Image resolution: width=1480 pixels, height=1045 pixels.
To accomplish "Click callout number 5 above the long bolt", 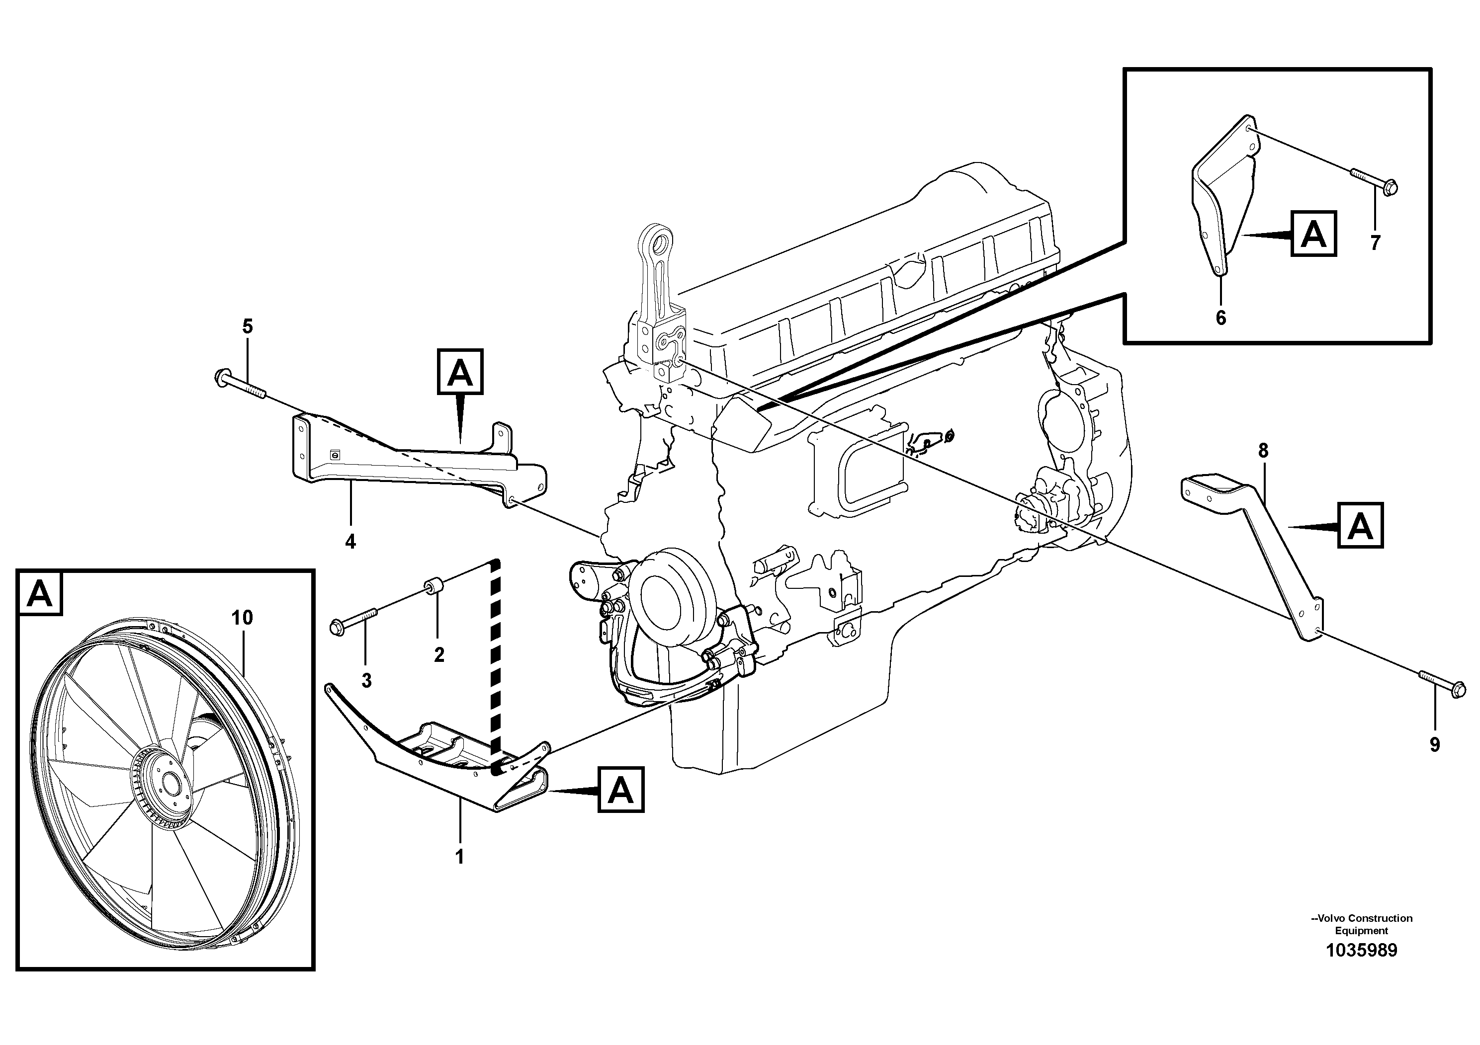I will (x=248, y=326).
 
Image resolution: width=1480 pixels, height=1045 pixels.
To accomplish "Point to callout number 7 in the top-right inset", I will (x=1376, y=243).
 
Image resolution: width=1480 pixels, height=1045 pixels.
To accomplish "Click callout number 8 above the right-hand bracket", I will (x=1263, y=451).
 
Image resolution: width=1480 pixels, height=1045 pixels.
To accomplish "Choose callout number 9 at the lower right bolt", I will (x=1435, y=745).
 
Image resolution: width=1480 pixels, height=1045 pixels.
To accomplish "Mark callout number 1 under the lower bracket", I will (x=459, y=858).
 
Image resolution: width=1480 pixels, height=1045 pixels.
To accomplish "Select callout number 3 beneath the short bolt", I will (x=366, y=681).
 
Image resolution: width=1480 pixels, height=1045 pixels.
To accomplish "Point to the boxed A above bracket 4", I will (x=460, y=372).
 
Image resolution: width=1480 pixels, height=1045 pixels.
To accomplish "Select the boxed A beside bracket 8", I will (x=1360, y=526).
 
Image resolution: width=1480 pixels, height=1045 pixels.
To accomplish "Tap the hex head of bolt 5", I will (x=219, y=377).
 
